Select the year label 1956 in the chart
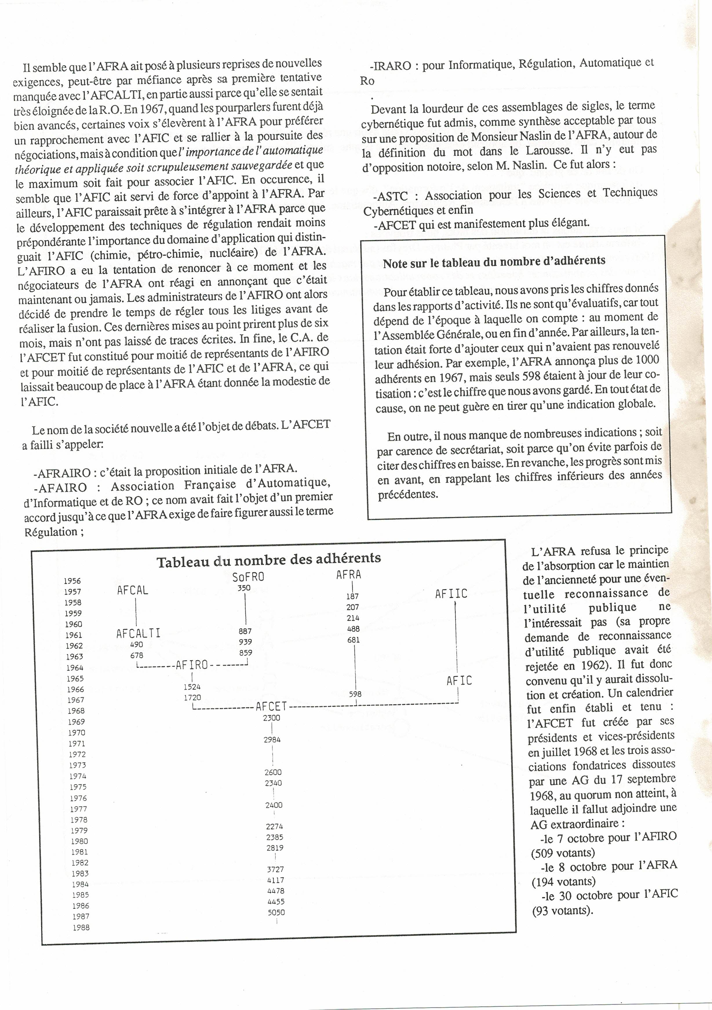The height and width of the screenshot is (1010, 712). [72, 581]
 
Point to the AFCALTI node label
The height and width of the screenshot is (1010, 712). [139, 633]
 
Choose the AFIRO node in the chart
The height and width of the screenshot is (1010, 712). [192, 665]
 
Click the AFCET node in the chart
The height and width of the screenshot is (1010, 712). [271, 706]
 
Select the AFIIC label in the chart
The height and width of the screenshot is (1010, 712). [451, 594]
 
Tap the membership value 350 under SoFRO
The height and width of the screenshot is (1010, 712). [244, 588]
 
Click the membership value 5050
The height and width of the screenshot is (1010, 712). [276, 912]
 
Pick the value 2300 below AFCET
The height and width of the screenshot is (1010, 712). [271, 717]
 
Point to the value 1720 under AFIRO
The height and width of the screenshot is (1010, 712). [192, 697]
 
